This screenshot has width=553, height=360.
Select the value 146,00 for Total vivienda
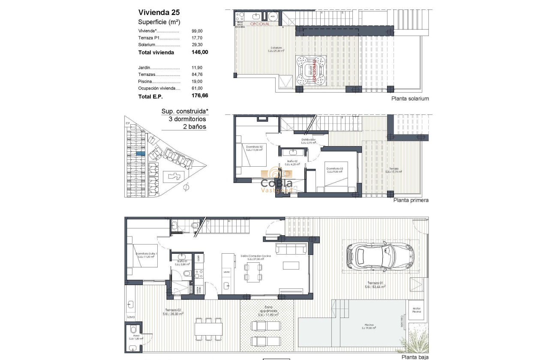tap(199, 52)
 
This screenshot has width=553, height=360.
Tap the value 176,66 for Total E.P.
tap(199, 96)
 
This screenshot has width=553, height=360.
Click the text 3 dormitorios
tap(184, 119)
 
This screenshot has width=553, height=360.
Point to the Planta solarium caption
tap(410, 99)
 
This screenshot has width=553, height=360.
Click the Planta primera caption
tap(410, 200)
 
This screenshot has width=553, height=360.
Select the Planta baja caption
tap(415, 357)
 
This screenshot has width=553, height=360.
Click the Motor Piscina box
tap(416, 310)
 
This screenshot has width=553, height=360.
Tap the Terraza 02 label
tap(173, 312)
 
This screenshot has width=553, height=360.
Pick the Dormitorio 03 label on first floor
tap(334, 170)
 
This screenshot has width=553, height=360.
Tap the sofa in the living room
tap(291, 249)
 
